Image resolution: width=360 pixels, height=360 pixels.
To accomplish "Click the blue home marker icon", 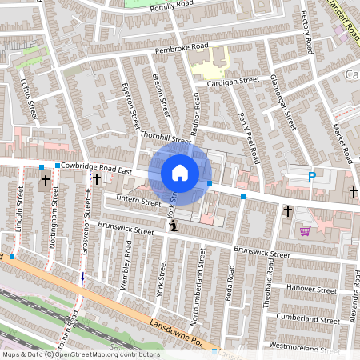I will (180, 172).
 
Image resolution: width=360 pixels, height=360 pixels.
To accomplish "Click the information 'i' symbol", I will (174, 228).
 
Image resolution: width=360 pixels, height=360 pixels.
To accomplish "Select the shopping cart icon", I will (305, 231).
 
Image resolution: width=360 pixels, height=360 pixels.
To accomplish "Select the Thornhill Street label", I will (166, 138).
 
